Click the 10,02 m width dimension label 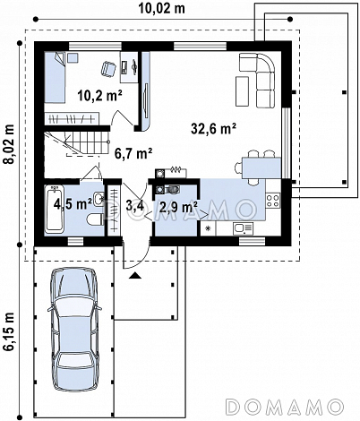pyautogui.click(x=161, y=8)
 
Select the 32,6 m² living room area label pyautogui.click(x=214, y=129)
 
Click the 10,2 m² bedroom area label pyautogui.click(x=99, y=96)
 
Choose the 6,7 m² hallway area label pyautogui.click(x=133, y=153)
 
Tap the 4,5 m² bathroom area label pyautogui.click(x=73, y=204)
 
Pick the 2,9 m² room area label pyautogui.click(x=178, y=207)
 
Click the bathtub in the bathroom pyautogui.click(x=55, y=209)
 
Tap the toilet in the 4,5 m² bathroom pyautogui.click(x=96, y=219)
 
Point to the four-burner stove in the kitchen pyautogui.click(x=273, y=201)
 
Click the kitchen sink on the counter pyautogui.click(x=243, y=228)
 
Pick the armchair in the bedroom pyautogui.click(x=108, y=69)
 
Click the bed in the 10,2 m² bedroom pyautogui.click(x=55, y=77)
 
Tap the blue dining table pyautogui.click(x=261, y=168)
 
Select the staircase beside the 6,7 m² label pyautogui.click(x=77, y=144)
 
